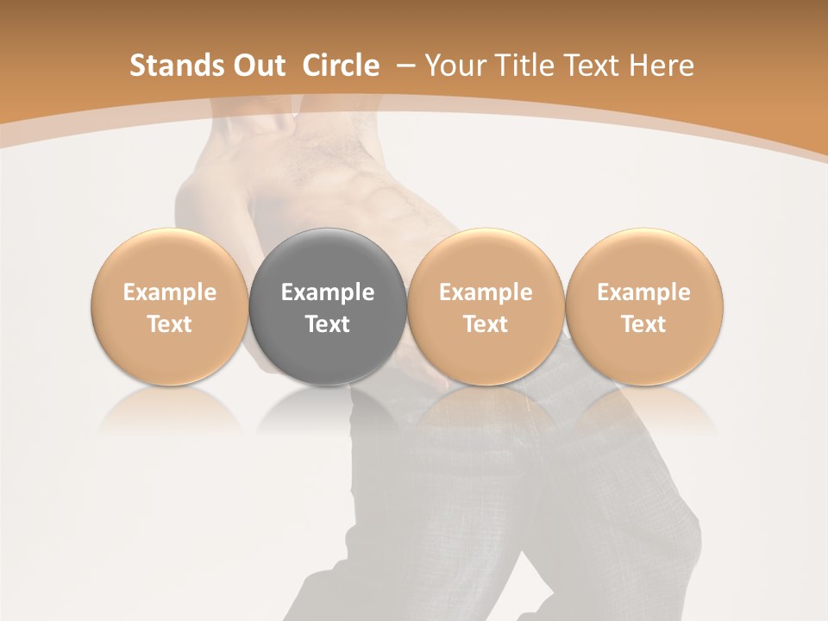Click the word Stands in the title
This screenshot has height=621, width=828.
172,66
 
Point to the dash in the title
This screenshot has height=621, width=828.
405,66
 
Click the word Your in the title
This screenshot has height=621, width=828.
456,66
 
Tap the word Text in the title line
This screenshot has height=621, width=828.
596,66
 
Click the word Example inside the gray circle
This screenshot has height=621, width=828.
328,292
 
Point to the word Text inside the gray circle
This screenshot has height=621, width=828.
328,324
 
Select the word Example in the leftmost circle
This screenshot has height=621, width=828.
169,292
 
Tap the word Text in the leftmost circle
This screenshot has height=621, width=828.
169,324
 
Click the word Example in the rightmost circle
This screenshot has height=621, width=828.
643,292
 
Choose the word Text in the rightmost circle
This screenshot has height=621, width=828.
643,324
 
